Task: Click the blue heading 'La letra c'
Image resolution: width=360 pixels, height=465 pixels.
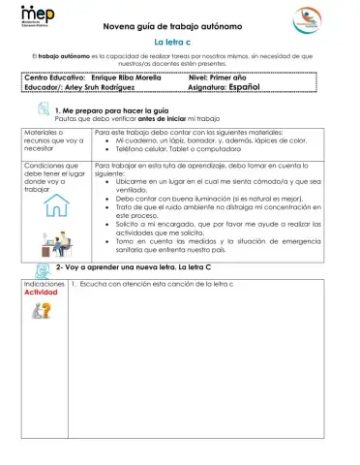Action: pos(177,43)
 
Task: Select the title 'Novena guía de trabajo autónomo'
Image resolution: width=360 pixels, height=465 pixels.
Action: pos(178,28)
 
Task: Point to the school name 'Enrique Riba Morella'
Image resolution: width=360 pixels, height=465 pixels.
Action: pos(143,75)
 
